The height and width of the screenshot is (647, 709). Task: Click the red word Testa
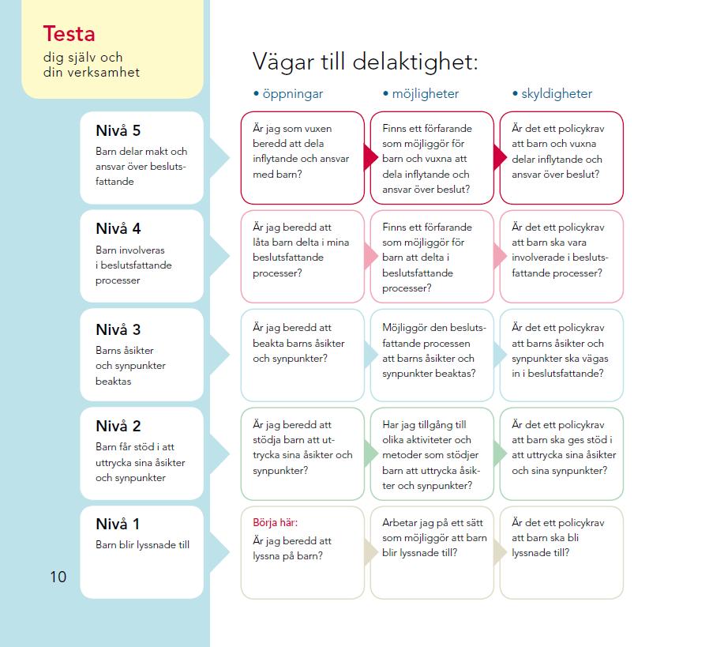coord(69,33)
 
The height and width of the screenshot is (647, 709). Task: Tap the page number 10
coord(58,577)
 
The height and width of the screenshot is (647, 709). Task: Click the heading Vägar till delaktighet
coord(365,62)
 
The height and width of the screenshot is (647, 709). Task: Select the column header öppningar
coord(293,94)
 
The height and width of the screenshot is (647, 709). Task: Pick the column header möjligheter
coord(425,94)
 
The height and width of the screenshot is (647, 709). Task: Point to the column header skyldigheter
coord(557,94)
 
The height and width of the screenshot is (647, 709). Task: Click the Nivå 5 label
coord(118,131)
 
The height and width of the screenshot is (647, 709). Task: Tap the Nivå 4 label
coord(118,228)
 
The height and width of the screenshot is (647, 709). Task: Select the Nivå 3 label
coord(118,329)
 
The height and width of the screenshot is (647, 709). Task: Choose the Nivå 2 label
coord(118,426)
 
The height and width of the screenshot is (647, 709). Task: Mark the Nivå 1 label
coord(118,524)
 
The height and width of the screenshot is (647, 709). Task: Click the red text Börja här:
coord(275,523)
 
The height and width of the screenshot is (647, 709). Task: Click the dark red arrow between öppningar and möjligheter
coord(370,157)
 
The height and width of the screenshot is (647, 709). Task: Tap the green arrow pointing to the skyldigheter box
coord(500,453)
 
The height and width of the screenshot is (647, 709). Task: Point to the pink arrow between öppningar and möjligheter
coord(370,256)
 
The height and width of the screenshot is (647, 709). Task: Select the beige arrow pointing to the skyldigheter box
coord(500,552)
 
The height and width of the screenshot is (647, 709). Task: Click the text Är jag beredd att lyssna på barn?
coord(292,548)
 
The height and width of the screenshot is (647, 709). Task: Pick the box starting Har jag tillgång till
coord(432,453)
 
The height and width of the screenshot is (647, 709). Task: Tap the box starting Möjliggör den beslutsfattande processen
coord(432,355)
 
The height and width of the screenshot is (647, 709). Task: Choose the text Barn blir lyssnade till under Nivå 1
coord(142,545)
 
